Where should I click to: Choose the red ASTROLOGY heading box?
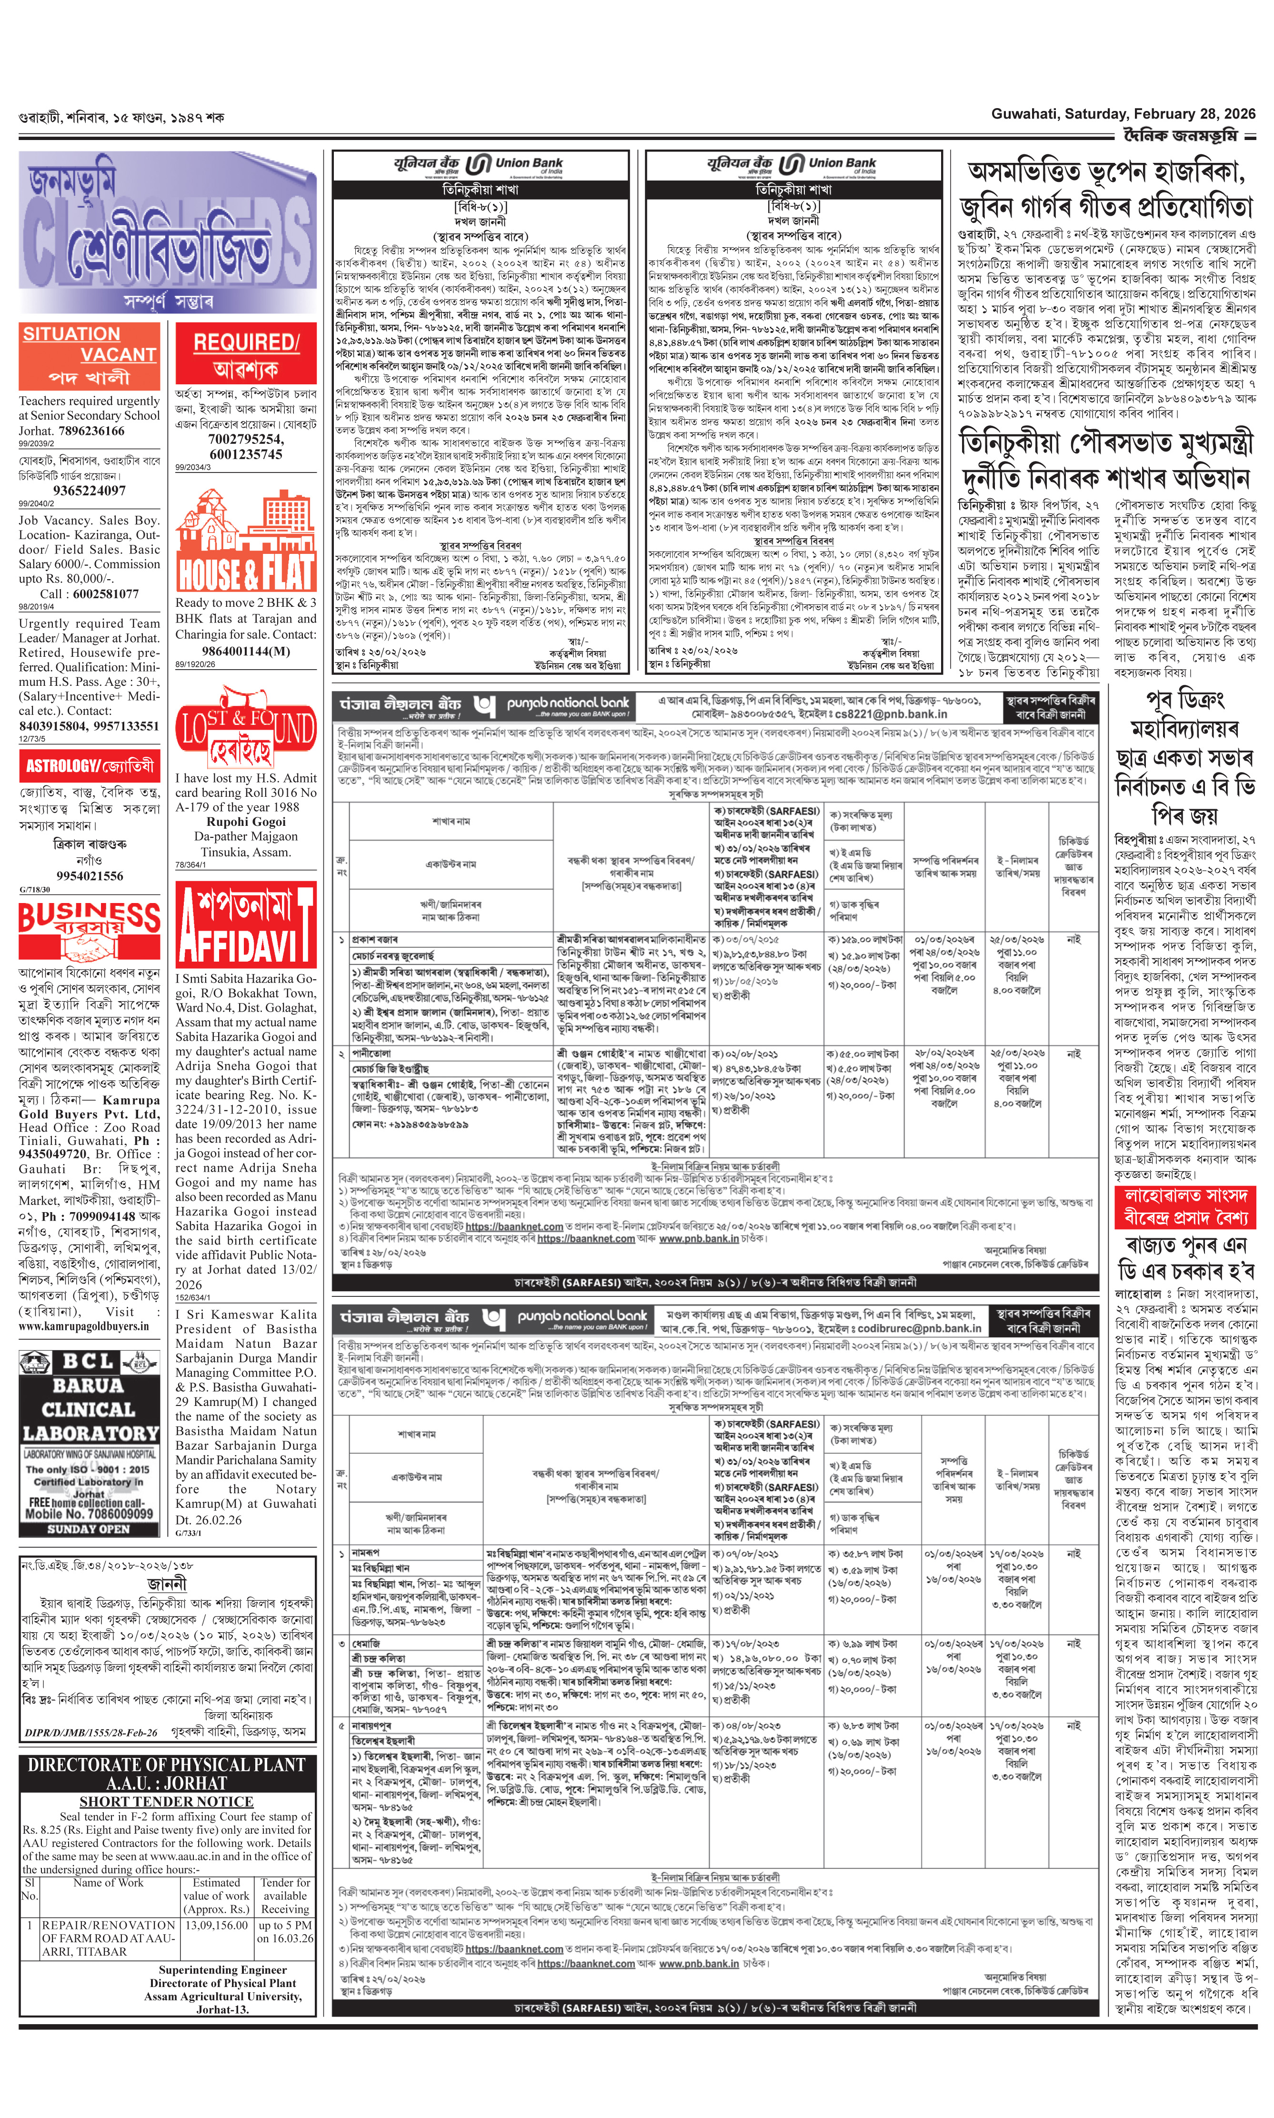89,766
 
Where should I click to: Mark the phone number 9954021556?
89,876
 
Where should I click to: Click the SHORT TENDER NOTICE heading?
167,1801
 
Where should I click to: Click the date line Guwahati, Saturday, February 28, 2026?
1123,113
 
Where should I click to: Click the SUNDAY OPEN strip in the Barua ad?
89,1529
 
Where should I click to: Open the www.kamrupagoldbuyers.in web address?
83,1325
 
